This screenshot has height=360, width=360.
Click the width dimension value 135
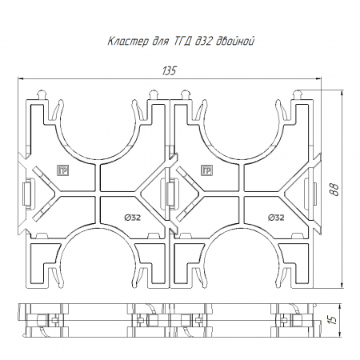[170, 71]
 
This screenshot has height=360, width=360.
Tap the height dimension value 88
[335, 190]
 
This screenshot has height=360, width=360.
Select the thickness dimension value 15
[333, 320]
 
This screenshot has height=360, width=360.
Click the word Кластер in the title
[128, 42]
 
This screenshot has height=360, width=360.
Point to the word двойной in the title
[234, 42]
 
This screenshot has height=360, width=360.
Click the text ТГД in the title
[182, 42]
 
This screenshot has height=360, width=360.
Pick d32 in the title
[203, 42]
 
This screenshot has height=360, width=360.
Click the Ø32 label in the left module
[133, 218]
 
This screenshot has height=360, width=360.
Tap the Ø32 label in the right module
[276, 218]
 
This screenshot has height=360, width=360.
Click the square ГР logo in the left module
[63, 170]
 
